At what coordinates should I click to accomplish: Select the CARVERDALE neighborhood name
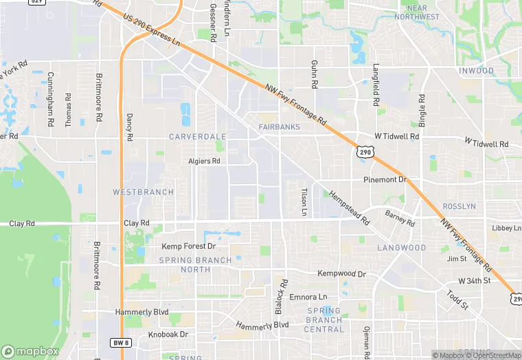click(197, 137)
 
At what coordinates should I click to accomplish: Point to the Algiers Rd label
click(204, 161)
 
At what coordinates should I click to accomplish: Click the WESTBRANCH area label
click(143, 192)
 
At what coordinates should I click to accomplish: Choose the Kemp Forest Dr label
click(189, 246)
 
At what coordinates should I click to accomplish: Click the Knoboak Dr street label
click(168, 335)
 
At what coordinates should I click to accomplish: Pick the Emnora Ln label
click(308, 297)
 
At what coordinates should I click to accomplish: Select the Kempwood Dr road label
click(342, 273)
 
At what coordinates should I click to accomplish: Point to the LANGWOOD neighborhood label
click(402, 247)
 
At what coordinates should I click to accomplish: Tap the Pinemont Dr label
click(385, 180)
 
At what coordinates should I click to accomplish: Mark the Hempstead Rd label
click(349, 208)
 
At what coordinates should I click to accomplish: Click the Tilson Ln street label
click(304, 202)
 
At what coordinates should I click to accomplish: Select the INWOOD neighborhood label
click(476, 71)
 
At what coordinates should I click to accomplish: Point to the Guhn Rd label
click(315, 74)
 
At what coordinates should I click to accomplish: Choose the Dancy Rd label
click(129, 126)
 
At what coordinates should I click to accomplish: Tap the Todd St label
click(457, 299)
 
